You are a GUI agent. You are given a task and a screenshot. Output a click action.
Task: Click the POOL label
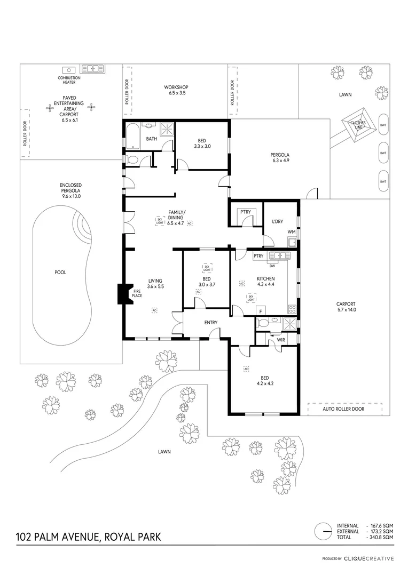tap(60, 272)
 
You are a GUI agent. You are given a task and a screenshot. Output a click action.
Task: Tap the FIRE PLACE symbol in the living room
tap(122, 293)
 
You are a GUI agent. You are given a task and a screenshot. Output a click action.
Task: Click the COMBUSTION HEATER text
tap(69, 80)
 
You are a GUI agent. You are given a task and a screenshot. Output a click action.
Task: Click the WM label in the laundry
tap(291, 231)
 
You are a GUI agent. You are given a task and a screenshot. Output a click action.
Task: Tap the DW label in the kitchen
tap(272, 266)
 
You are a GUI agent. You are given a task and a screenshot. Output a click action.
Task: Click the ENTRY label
tap(211, 322)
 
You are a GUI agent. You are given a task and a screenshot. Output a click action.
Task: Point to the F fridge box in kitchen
tap(261, 311)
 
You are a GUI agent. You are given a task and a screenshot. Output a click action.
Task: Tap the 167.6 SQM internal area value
tap(381, 525)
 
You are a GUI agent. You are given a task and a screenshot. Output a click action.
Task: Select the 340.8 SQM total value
tap(381, 537)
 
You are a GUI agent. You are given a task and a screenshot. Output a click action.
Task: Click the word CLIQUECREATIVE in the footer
tap(369, 559)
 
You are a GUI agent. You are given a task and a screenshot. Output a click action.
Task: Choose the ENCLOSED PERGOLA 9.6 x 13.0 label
tap(70, 190)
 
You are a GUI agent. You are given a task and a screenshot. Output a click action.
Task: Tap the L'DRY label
tap(277, 221)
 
